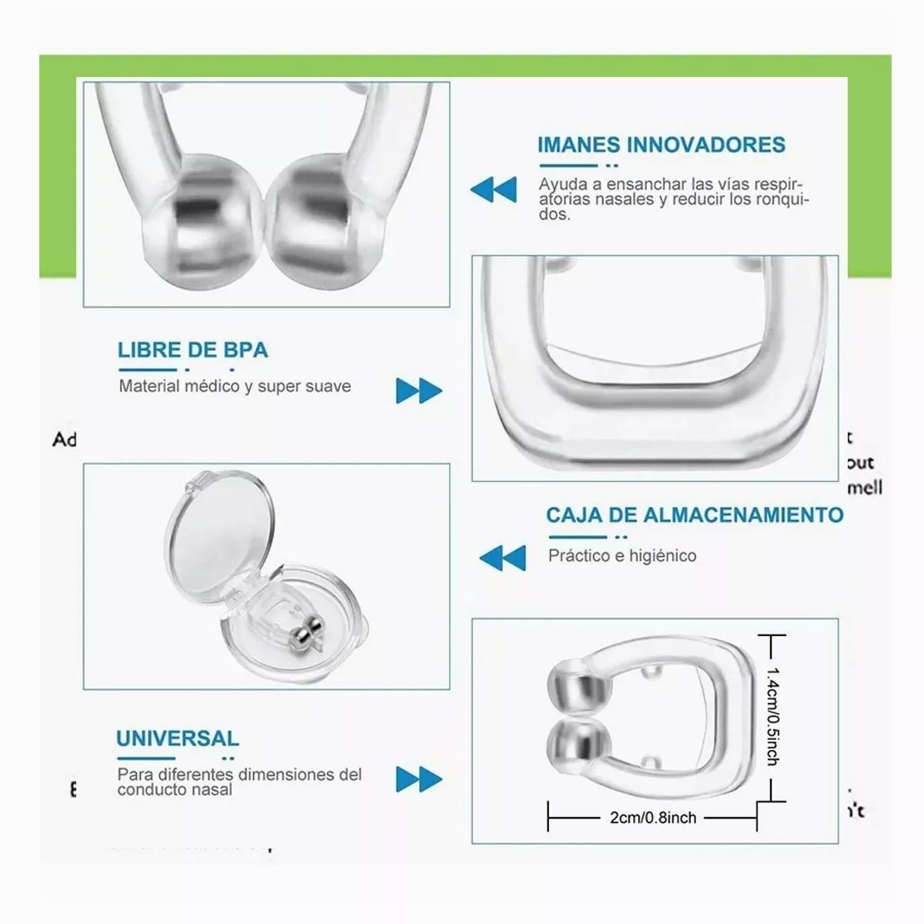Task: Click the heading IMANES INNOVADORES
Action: pyautogui.click(x=661, y=145)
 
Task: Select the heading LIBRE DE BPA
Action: pyautogui.click(x=192, y=350)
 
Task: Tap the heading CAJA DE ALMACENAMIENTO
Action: pyautogui.click(x=695, y=515)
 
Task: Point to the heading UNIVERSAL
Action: pyautogui.click(x=177, y=738)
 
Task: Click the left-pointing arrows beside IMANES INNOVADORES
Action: pyautogui.click(x=494, y=189)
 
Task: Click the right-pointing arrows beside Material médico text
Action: pyautogui.click(x=419, y=390)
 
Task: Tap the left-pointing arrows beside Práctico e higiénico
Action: pyautogui.click(x=503, y=557)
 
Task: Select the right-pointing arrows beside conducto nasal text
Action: pyautogui.click(x=419, y=779)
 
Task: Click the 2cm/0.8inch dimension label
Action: pyautogui.click(x=653, y=818)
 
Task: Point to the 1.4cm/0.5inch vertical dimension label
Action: pyautogui.click(x=772, y=716)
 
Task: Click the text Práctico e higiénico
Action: pyautogui.click(x=622, y=556)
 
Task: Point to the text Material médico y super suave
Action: pyautogui.click(x=235, y=387)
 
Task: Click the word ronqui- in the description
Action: pyautogui.click(x=779, y=199)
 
